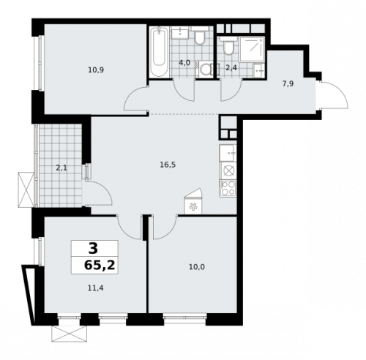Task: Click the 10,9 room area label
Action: pos(96,70)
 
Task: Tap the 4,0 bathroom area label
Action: pos(184,63)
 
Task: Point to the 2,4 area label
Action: pos(231,68)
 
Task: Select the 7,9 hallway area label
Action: pos(288,84)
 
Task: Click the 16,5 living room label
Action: pos(168,165)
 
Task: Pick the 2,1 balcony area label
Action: pos(61,168)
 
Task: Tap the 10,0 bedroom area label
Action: pos(197,267)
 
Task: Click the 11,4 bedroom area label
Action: pos(95,288)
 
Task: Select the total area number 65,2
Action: pos(100,266)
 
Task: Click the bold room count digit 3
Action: pos(93,249)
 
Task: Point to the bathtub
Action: pos(159,52)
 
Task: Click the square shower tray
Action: pos(252,49)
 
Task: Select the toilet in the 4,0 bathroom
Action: pos(200,36)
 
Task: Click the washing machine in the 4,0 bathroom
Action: pos(205,70)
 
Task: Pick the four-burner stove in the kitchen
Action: pos(228,189)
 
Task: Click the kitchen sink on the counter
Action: pos(228,153)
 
